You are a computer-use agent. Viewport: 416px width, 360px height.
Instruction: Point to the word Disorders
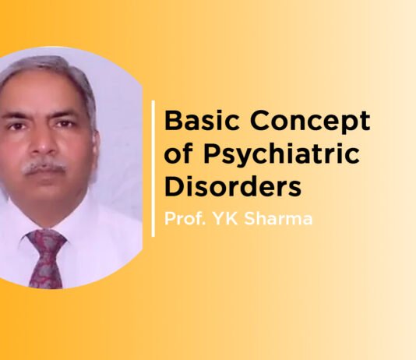[x=232, y=189]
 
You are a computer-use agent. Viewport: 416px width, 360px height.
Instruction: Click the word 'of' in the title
[x=177, y=156]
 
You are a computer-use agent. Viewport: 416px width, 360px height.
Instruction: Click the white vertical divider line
[x=153, y=167]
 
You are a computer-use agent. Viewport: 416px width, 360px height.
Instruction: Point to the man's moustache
[x=44, y=166]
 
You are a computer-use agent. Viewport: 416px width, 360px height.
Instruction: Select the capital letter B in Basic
[x=171, y=123]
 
